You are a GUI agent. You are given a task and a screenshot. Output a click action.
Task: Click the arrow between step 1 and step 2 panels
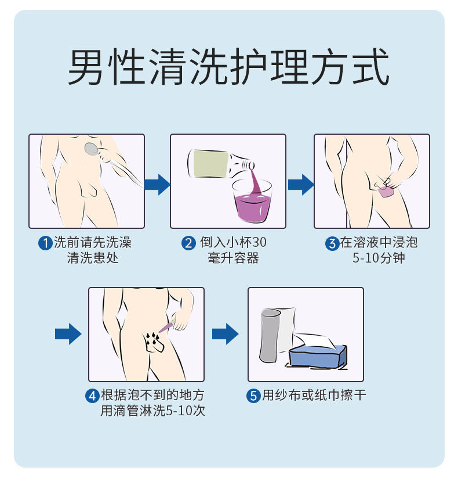[x=157, y=185]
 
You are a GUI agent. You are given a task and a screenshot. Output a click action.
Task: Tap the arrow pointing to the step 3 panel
[x=300, y=185]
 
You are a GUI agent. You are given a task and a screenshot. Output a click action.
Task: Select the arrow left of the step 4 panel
[x=68, y=334]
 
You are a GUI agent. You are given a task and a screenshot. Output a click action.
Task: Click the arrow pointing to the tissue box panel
[x=225, y=334]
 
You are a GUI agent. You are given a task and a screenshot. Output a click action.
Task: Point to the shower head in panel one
[x=92, y=149]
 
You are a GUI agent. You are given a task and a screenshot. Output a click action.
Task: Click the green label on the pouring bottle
[x=209, y=164]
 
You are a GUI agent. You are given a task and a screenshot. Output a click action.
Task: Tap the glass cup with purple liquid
[x=252, y=201]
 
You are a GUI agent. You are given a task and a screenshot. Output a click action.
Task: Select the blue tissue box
[x=318, y=355]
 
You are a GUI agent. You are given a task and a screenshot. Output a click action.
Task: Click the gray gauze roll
[x=270, y=337]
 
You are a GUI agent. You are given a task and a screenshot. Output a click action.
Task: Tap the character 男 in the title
[x=87, y=69]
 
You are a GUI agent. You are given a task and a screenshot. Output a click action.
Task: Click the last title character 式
[x=369, y=69]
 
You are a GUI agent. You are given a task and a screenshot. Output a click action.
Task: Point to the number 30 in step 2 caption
[x=259, y=243]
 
